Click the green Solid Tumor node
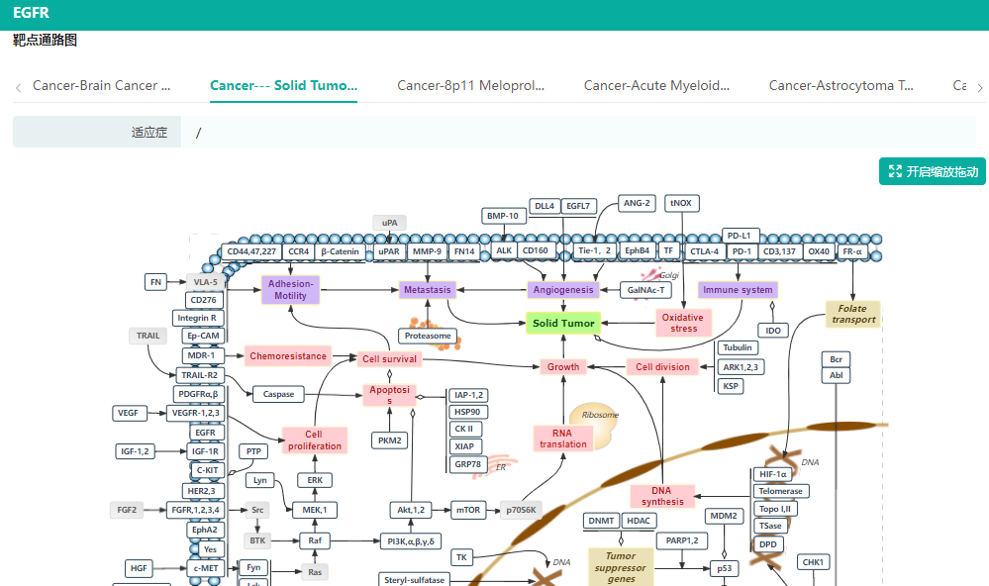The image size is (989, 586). (563, 323)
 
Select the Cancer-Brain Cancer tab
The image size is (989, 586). (101, 86)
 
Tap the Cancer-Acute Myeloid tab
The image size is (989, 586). (656, 86)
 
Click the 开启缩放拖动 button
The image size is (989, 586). (933, 171)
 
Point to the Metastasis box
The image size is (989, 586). (427, 290)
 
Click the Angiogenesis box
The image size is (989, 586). (563, 290)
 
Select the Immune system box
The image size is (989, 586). (738, 290)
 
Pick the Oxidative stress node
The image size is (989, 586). (683, 323)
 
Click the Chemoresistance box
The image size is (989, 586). (287, 356)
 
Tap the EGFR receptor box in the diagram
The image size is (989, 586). (205, 433)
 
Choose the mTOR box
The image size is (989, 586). (467, 511)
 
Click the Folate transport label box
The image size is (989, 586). (852, 314)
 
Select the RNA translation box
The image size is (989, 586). (563, 438)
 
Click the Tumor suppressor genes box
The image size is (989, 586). (621, 567)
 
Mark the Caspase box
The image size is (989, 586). (278, 394)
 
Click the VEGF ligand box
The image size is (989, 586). (129, 413)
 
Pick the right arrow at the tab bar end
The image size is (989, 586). (979, 88)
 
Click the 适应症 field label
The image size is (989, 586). (149, 133)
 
